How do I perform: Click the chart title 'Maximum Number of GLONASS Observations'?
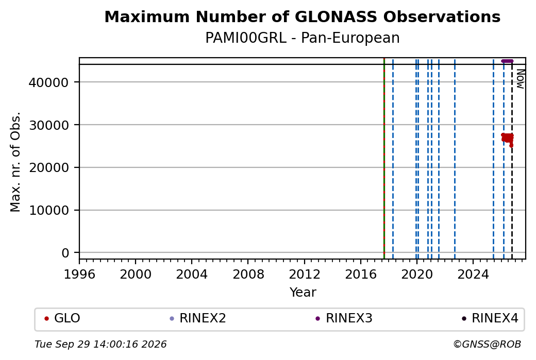pyautogui.click(x=302, y=16)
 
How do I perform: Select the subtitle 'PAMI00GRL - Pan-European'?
pyautogui.click(x=302, y=38)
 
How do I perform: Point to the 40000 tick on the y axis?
pyautogui.click(x=49, y=82)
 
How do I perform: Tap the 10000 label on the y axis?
pyautogui.click(x=49, y=211)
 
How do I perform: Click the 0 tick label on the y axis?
pyautogui.click(x=65, y=253)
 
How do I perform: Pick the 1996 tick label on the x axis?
pyautogui.click(x=79, y=275)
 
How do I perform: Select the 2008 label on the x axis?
pyautogui.click(x=248, y=275)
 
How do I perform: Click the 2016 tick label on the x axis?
pyautogui.click(x=361, y=275)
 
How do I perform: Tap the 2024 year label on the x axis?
pyautogui.click(x=473, y=275)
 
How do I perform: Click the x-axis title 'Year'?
pyautogui.click(x=303, y=293)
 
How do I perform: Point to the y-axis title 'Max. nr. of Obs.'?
pyautogui.click(x=15, y=162)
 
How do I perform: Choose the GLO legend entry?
pyautogui.click(x=62, y=318)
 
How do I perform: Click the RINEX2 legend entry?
pyautogui.click(x=198, y=318)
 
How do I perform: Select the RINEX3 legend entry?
pyautogui.click(x=344, y=318)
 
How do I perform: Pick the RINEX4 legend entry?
pyautogui.click(x=490, y=318)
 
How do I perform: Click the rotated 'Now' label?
pyautogui.click(x=520, y=79)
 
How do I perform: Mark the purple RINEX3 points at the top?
pyautogui.click(x=507, y=61)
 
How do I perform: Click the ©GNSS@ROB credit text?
pyautogui.click(x=487, y=344)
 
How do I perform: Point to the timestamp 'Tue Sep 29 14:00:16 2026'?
pyautogui.click(x=100, y=344)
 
